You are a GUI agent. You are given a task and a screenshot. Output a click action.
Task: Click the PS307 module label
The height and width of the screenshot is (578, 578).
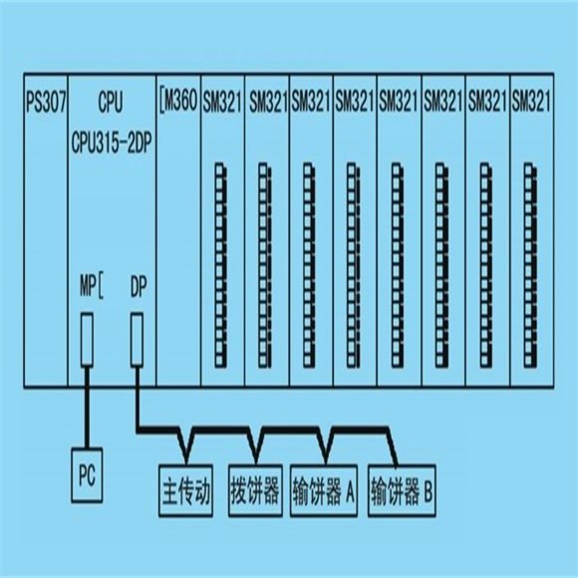[46, 102]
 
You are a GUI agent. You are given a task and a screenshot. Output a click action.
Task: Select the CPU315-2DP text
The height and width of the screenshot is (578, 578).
[112, 143]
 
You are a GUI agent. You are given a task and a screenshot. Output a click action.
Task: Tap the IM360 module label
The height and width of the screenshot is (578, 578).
[179, 101]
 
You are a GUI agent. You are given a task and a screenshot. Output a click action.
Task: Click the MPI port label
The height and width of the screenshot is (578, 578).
[92, 286]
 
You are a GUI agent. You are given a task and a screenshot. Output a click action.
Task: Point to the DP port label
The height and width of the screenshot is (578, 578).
[139, 286]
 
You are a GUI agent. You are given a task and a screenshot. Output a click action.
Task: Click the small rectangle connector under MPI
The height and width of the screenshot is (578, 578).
[87, 339]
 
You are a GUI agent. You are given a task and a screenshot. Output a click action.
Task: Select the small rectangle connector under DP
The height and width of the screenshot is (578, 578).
[138, 339]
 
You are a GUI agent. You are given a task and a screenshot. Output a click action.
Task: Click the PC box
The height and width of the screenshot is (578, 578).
[87, 475]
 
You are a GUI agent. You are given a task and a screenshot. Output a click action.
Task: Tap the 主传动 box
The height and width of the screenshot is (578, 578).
[185, 490]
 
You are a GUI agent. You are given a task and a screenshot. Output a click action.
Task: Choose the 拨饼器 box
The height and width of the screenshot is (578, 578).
[255, 490]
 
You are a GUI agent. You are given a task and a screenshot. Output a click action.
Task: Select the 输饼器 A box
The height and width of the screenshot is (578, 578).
[324, 490]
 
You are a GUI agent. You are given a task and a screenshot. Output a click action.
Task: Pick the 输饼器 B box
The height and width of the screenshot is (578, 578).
[402, 490]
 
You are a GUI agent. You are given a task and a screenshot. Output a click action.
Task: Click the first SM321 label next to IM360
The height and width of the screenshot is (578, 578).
[222, 102]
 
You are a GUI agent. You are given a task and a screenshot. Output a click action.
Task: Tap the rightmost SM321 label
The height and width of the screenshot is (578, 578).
[531, 101]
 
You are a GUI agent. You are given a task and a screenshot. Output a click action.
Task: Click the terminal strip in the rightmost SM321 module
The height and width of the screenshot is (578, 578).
[530, 265]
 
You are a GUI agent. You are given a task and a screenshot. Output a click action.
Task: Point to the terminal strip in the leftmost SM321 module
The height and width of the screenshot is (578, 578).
[220, 265]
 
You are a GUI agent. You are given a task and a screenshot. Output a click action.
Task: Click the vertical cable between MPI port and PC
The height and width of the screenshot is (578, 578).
[87, 407]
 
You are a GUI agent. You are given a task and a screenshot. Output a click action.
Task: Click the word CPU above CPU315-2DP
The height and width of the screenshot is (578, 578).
[111, 102]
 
